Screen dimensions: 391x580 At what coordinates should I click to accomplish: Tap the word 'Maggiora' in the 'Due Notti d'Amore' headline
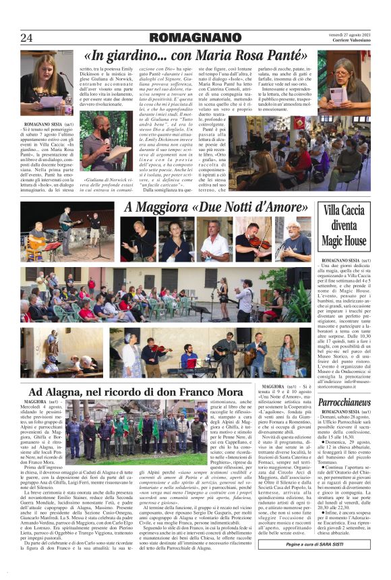(162, 206)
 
